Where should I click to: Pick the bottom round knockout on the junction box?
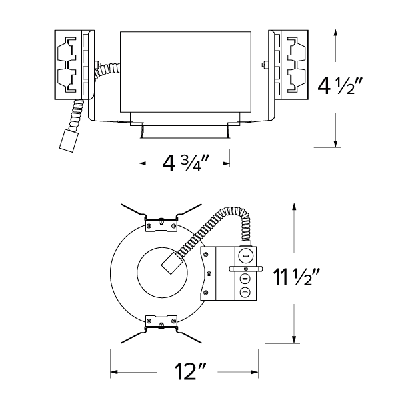coord(244,291)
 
